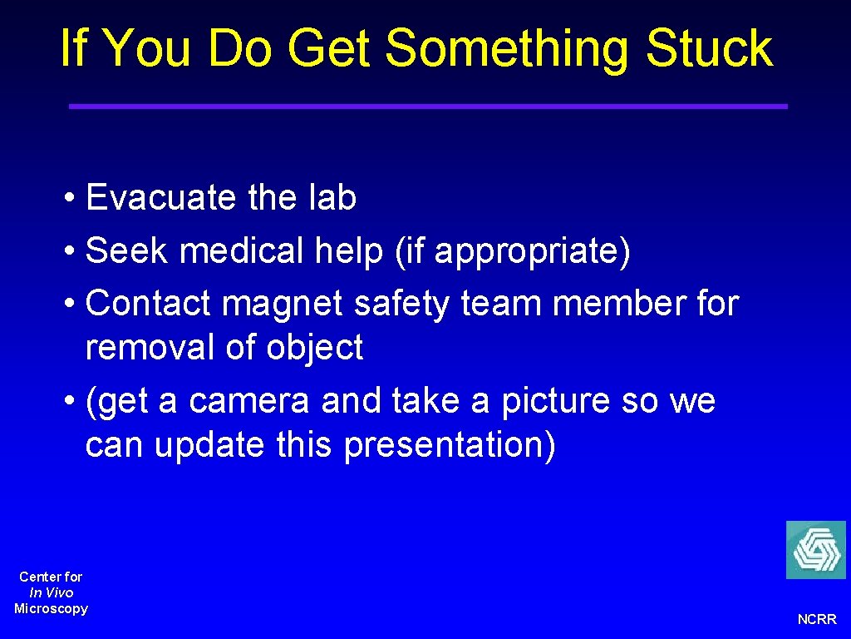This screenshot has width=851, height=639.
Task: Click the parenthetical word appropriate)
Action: point(532,252)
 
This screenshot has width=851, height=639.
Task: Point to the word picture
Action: point(542,402)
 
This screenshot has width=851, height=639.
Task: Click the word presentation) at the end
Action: point(450,446)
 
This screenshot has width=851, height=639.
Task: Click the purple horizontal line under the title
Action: point(427,106)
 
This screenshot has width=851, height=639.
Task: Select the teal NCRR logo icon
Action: point(815,550)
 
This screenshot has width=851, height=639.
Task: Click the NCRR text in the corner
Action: point(817,619)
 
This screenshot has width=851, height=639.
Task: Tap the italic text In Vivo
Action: point(51,592)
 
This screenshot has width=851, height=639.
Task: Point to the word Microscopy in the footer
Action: point(51,608)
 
